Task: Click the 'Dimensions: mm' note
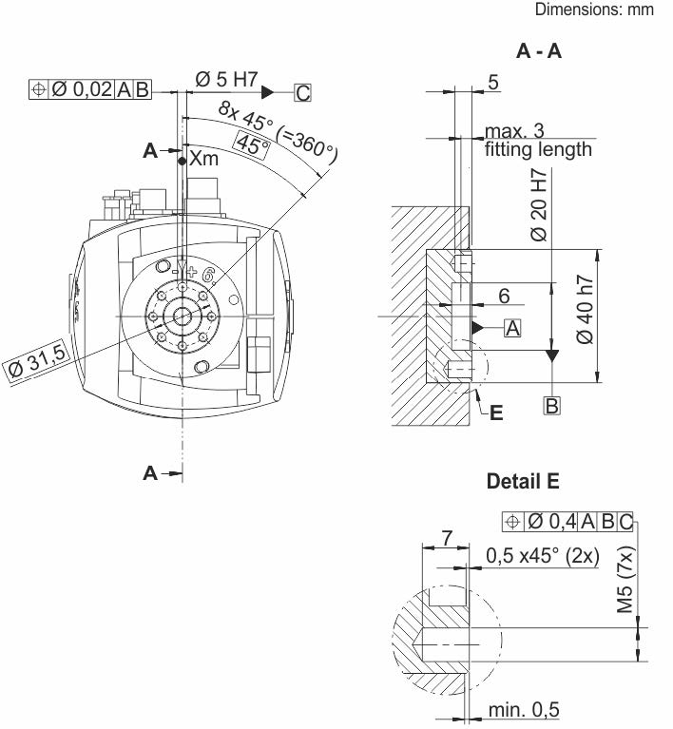tap(594, 10)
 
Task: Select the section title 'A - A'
tap(539, 50)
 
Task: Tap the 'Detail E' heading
tap(522, 481)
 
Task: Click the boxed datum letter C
tap(302, 93)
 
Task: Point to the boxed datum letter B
tap(551, 406)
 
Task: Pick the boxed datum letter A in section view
tap(512, 328)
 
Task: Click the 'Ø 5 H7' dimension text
tap(226, 79)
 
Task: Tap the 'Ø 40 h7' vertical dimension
tap(586, 310)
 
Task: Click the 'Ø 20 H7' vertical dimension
tap(539, 205)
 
